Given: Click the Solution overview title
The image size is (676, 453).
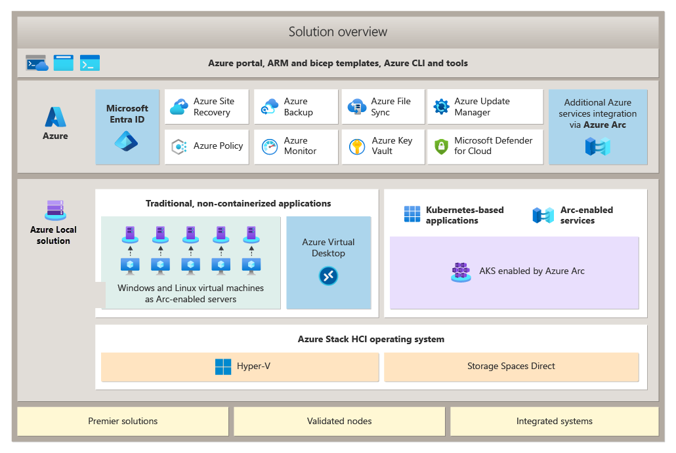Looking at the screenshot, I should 338,31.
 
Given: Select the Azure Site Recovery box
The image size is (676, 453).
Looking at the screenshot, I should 207,107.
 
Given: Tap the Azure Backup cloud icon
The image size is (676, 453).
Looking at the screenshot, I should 270,107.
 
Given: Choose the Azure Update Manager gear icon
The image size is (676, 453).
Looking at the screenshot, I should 441,107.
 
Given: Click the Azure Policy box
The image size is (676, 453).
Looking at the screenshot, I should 207,146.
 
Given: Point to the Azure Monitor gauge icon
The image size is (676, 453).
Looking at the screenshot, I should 270,146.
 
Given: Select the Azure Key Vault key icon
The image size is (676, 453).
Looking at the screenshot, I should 357,146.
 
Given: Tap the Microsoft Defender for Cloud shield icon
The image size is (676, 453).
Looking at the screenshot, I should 441,146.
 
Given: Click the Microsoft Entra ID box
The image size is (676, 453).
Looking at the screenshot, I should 127,127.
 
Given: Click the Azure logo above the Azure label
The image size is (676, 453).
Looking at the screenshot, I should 55,117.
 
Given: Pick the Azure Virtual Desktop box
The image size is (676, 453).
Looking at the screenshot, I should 329,262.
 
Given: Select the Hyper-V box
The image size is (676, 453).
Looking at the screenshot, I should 240,366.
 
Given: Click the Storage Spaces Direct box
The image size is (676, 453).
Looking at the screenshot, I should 511,366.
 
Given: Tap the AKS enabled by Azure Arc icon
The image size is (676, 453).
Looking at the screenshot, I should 461,271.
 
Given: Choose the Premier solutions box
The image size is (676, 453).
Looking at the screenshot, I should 123,421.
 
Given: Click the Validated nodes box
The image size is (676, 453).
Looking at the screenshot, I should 339,421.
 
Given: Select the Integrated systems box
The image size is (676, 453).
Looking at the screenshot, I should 554,421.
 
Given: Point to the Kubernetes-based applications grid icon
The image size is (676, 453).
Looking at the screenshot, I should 412,214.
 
